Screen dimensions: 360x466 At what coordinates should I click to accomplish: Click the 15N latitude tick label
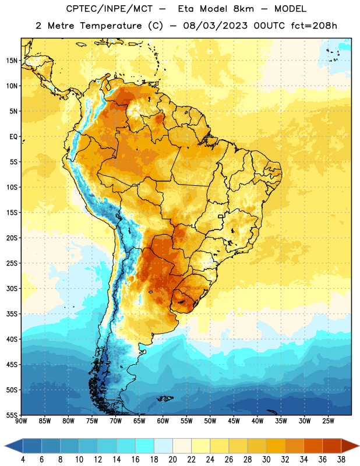coord(12,61)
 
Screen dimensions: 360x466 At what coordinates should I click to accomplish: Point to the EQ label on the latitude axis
coord(13,137)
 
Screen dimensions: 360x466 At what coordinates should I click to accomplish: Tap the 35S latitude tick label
coord(12,314)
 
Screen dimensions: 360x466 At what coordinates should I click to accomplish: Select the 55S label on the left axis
coord(12,415)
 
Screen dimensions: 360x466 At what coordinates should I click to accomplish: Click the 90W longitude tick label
coord(21,421)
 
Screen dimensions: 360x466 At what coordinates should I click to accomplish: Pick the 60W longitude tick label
coord(163,421)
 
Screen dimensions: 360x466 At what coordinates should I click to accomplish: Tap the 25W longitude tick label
coord(328,421)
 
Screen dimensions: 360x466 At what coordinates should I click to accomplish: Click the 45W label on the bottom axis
coord(234,421)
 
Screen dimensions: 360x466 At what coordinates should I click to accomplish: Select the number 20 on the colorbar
coord(172,460)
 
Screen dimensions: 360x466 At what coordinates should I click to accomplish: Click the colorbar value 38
coord(341,460)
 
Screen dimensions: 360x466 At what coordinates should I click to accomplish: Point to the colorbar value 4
coord(23,460)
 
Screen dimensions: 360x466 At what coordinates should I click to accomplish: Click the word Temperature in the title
coord(111,26)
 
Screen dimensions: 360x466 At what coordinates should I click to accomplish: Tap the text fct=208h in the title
coord(314,26)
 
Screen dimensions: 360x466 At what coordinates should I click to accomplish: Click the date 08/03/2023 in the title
coord(215,26)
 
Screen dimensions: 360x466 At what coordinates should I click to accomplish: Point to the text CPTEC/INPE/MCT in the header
coord(110,9)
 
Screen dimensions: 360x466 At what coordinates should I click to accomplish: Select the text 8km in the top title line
coord(243,9)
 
